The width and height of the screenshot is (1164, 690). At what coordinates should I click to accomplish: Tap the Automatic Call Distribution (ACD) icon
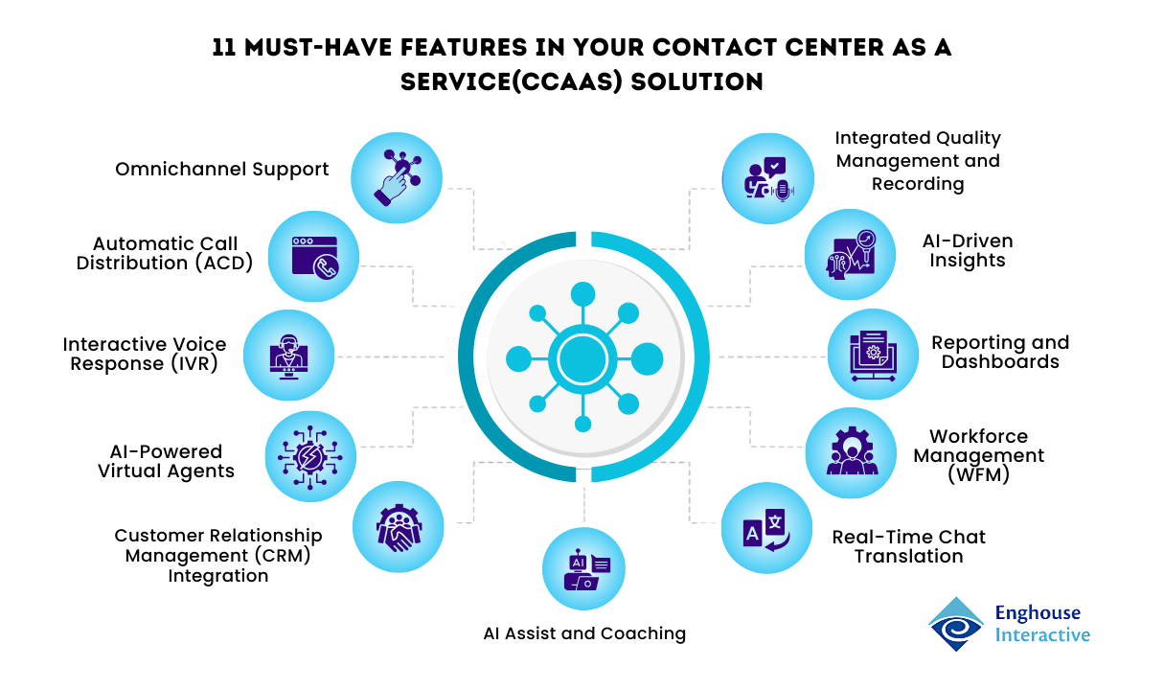click(313, 255)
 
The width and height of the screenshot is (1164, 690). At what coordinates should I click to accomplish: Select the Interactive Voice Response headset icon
click(288, 355)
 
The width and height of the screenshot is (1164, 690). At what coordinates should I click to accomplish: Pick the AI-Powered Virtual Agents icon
click(309, 456)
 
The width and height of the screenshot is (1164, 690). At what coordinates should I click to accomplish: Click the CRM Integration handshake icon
click(398, 526)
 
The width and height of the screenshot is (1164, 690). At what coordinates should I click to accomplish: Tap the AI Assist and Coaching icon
click(585, 570)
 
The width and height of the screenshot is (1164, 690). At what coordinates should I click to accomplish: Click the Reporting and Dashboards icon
click(872, 355)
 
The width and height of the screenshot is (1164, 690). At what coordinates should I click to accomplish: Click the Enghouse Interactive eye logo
click(956, 624)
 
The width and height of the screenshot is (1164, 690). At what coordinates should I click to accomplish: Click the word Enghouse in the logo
click(1038, 613)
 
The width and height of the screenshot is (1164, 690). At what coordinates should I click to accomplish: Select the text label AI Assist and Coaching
click(584, 632)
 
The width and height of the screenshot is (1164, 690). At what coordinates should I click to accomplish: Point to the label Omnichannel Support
click(222, 170)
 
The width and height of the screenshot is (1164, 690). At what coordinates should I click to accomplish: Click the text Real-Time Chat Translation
click(908, 546)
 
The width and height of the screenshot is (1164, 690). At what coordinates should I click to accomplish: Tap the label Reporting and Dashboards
click(1000, 352)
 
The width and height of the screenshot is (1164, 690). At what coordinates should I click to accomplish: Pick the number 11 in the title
click(225, 49)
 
